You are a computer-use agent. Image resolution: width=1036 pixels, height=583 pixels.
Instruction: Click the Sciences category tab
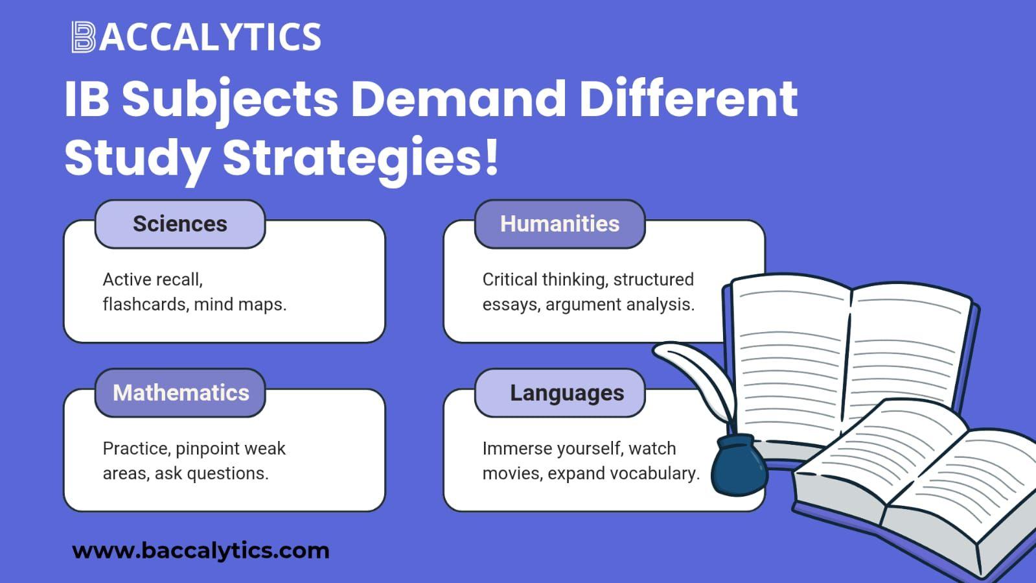pos(180,224)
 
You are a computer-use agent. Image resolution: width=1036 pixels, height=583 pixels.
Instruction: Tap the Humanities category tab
pos(560,224)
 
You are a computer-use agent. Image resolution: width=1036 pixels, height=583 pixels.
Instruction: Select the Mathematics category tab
pos(180,393)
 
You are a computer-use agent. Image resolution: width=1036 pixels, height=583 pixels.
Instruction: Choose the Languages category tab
pos(560,393)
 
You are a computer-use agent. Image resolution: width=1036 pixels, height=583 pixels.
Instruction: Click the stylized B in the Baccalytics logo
pos(83,37)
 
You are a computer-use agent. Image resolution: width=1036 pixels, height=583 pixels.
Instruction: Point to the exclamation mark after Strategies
pos(492,156)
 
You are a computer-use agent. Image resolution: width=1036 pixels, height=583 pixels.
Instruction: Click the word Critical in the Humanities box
pos(510,280)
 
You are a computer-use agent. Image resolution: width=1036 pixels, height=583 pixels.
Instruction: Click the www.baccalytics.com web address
pos(201,551)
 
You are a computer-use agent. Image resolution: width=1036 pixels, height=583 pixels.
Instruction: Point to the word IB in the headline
pos(87,99)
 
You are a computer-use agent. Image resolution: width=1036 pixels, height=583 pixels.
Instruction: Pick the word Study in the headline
pos(137,158)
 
